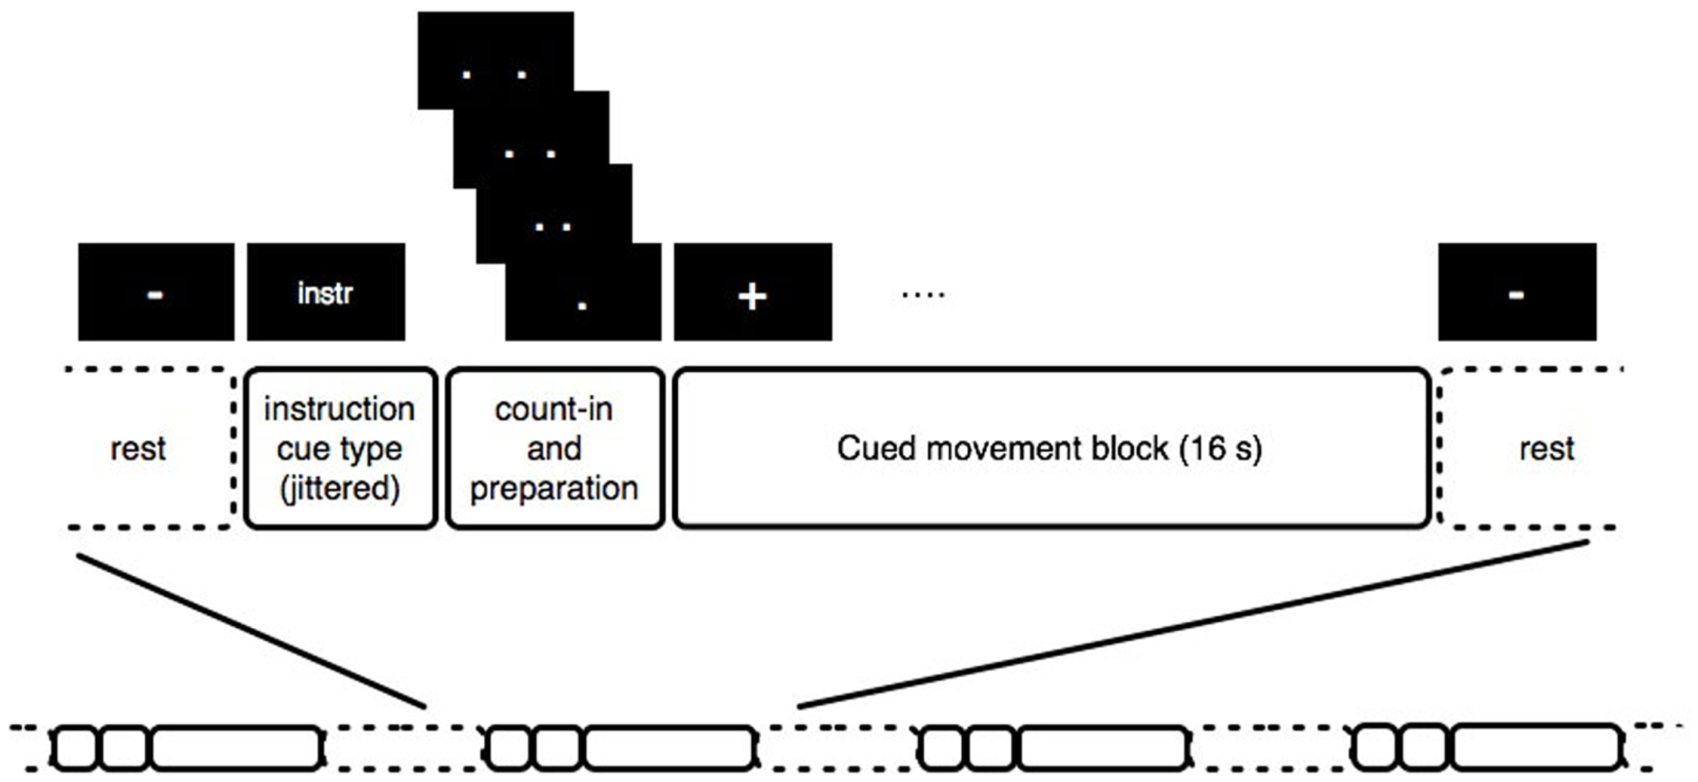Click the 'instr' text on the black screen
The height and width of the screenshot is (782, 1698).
pos(325,294)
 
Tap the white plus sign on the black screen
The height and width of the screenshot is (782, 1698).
pos(752,296)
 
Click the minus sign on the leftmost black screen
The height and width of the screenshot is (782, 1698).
pos(155,294)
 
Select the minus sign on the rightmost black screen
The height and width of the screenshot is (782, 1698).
pos(1516,294)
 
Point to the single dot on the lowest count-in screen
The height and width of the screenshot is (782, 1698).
pos(582,306)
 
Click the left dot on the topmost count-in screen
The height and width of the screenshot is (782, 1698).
pos(466,75)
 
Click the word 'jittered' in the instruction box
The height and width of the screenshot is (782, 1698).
pos(340,488)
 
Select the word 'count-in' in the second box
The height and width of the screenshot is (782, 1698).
pos(554,410)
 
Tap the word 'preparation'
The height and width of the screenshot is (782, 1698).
pos(554,488)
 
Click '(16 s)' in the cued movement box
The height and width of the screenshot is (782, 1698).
pos(1221,448)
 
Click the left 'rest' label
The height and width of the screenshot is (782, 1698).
pos(138,449)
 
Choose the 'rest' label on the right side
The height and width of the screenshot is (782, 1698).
pos(1547,449)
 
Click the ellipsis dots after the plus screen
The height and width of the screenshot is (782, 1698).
pos(923,295)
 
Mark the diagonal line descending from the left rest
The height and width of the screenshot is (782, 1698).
pos(251,631)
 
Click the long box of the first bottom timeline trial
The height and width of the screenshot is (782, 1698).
pos(236,748)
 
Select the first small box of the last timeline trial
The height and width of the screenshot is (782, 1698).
pos(1375,748)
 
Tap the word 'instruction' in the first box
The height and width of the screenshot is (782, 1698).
pos(339,410)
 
